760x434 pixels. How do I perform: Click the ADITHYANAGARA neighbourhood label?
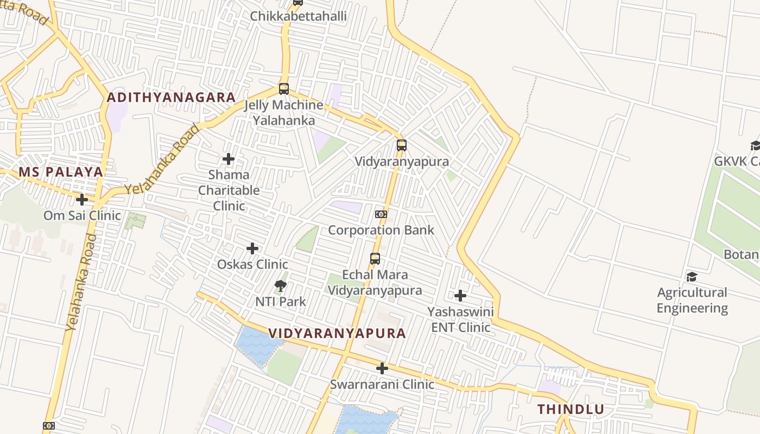coord(171,98)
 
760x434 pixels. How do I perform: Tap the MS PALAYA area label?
coord(60,172)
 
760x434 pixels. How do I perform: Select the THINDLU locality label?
coord(571,410)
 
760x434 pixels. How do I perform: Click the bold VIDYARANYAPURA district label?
coord(337,333)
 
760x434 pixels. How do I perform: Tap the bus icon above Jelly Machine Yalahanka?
coord(283,89)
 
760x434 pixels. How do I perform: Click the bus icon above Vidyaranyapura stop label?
coord(401,145)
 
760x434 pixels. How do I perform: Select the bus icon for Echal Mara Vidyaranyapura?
coord(375,259)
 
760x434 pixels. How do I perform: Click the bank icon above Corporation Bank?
coord(381,214)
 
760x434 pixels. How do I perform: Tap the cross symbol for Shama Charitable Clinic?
coord(229,159)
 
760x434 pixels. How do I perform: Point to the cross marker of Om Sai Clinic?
coord(82,200)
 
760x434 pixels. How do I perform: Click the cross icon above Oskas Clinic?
coord(252,248)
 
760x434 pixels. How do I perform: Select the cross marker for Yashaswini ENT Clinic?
coord(460,296)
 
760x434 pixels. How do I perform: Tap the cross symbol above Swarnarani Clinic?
coord(382,368)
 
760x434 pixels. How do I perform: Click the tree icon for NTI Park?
coord(281,285)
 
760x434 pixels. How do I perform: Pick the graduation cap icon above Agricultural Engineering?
coord(692,277)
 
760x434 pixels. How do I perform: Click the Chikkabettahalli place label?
coord(298,16)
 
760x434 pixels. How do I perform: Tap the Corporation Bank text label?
coord(381,230)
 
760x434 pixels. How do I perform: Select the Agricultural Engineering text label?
coord(692,300)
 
